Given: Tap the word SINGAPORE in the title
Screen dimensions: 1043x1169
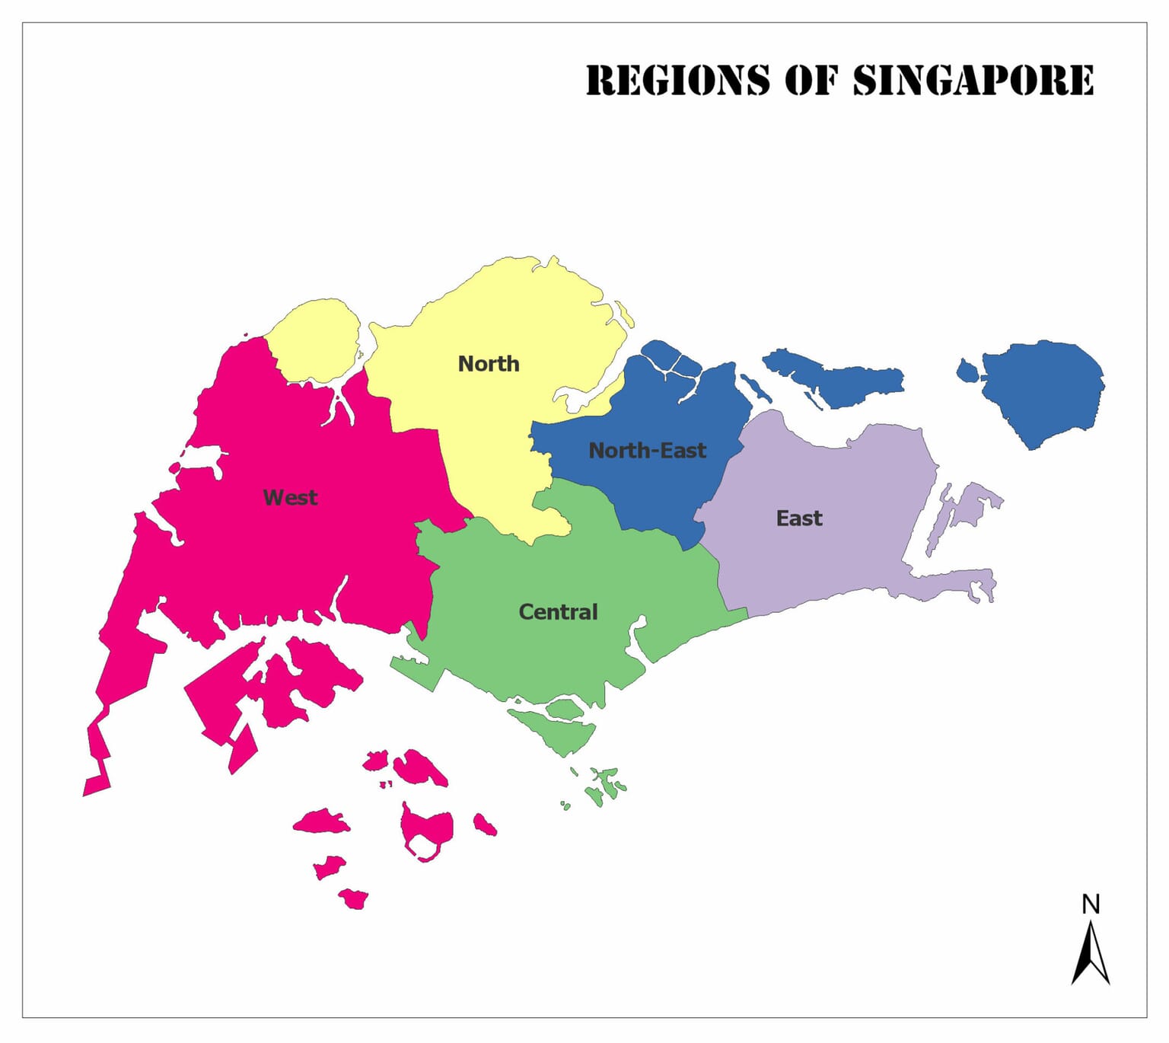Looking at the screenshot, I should click(973, 81).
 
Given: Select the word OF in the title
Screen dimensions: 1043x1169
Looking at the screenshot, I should click(811, 81).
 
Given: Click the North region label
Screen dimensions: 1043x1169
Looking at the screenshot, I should click(489, 364).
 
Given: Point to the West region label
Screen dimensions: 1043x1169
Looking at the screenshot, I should click(290, 498).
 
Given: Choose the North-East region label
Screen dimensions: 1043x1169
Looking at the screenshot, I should click(648, 451).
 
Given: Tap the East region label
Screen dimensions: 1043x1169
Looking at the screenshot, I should click(799, 518).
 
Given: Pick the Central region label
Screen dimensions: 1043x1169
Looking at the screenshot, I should click(558, 612).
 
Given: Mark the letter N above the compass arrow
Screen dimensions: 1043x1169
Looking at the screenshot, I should click(1091, 904).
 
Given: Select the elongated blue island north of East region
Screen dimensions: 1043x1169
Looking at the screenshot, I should click(837, 379).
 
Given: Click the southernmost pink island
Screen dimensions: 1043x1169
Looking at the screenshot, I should click(354, 899).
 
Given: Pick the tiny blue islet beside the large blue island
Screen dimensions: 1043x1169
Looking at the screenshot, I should click(967, 372).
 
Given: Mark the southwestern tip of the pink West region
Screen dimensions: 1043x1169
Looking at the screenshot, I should click(96, 786).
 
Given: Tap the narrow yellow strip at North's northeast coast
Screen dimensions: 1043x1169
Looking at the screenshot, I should click(625, 314).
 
